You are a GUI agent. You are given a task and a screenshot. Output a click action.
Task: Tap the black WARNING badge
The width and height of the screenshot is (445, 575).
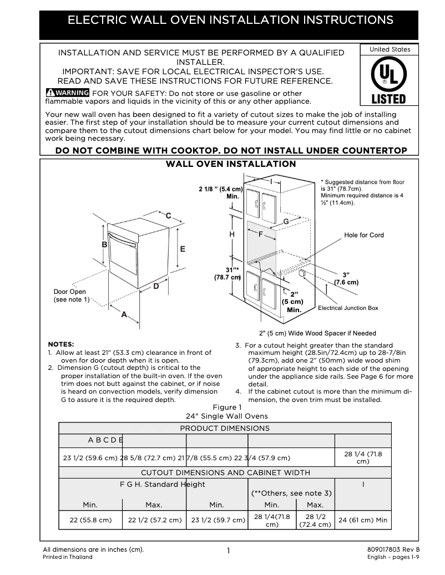coord(67,93)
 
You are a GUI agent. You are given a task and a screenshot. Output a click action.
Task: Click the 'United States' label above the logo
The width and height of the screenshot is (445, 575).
coord(390,49)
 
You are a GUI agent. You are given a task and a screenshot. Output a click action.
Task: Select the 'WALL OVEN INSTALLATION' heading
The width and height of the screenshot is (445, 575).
coord(231,164)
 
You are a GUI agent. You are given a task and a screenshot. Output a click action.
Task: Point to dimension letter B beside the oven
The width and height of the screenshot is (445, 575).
coord(104,245)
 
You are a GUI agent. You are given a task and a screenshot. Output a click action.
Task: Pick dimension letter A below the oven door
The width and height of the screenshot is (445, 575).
coord(124,314)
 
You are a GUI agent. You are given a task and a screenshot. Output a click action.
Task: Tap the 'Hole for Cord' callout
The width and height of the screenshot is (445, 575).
coord(364,235)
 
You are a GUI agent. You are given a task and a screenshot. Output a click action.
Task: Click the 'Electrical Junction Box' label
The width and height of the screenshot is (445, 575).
coord(348,308)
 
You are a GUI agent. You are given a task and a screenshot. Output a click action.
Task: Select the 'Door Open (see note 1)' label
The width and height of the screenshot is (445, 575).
coord(70,296)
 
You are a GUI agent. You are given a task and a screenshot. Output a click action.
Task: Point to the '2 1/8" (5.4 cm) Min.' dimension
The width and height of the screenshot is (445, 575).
coord(221,193)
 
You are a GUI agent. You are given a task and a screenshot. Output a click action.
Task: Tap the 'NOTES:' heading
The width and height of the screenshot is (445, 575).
coord(61,344)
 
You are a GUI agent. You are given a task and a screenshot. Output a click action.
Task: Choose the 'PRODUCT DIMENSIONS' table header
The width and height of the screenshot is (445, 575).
coord(225,428)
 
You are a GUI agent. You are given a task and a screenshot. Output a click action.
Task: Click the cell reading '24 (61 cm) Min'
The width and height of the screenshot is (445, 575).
coord(363,520)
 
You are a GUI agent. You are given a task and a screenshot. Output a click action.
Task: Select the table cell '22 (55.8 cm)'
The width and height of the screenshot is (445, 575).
coord(90,520)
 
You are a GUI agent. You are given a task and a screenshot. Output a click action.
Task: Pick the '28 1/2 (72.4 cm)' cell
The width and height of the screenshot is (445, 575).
coord(315,520)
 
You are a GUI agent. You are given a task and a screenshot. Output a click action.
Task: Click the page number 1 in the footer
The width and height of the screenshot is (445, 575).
coord(228,551)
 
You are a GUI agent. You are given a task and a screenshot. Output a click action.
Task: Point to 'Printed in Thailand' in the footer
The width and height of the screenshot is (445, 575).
coord(68,557)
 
